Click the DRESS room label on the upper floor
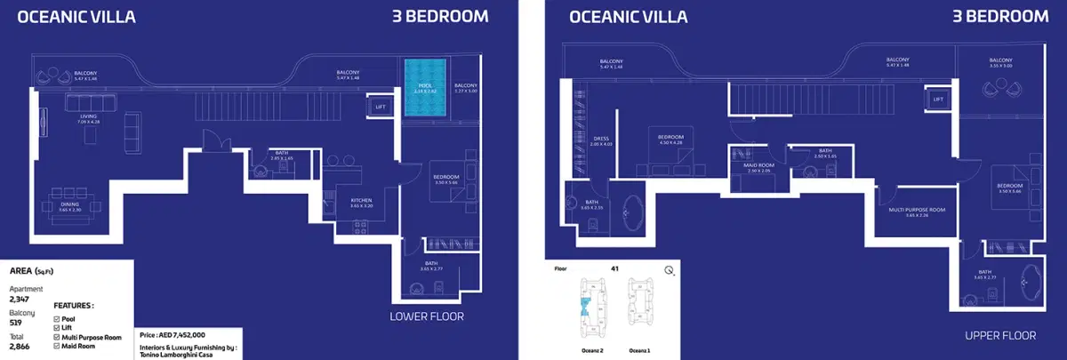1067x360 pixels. coord(601,140)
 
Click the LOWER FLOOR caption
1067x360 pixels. coord(427,316)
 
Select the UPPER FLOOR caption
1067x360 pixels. coord(1000,335)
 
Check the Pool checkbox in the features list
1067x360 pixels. coord(58,318)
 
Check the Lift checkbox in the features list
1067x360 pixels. coord(58,327)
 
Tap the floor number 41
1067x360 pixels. coord(614,268)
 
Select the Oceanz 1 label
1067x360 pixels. coord(640,350)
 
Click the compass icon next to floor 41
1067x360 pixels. coord(668,271)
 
